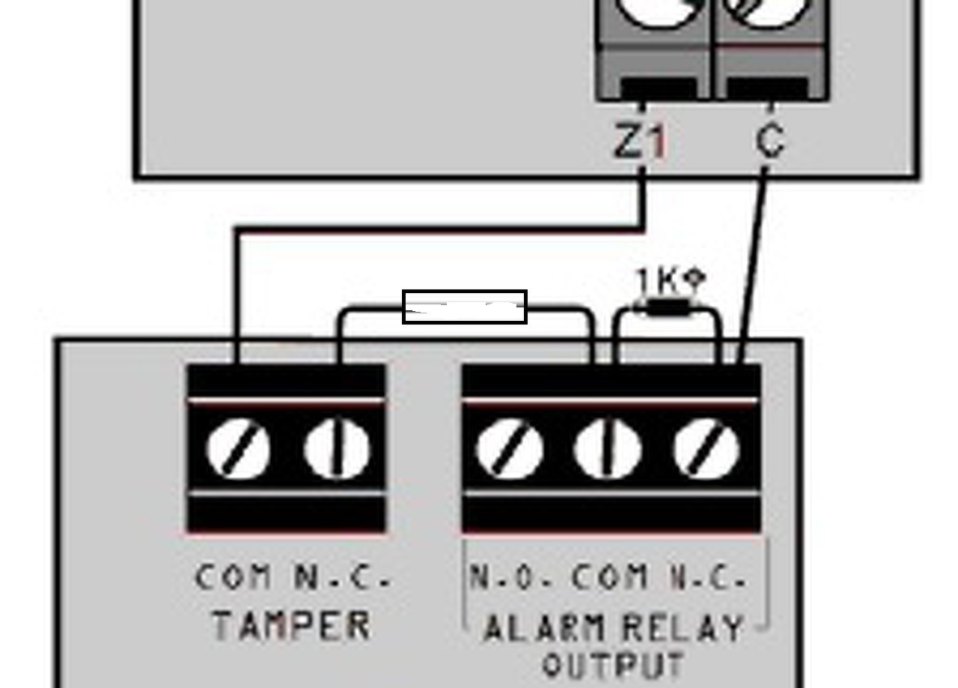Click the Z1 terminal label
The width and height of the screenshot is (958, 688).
(x=640, y=141)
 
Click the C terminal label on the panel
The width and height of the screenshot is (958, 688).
(x=770, y=140)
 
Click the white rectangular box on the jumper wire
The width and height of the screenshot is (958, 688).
(x=465, y=307)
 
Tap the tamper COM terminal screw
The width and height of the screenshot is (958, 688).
(x=238, y=449)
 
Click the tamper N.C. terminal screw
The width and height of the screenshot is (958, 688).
(x=337, y=449)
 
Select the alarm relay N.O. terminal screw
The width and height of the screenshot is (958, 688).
(x=510, y=449)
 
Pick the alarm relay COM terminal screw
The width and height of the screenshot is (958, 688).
(x=607, y=449)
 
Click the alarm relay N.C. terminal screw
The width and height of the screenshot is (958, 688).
(x=707, y=449)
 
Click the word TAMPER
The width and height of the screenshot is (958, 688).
(x=291, y=625)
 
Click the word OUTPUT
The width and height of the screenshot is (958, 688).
(x=613, y=664)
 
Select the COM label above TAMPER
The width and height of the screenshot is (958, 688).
(x=233, y=577)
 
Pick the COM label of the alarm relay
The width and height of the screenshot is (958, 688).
(x=610, y=577)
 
